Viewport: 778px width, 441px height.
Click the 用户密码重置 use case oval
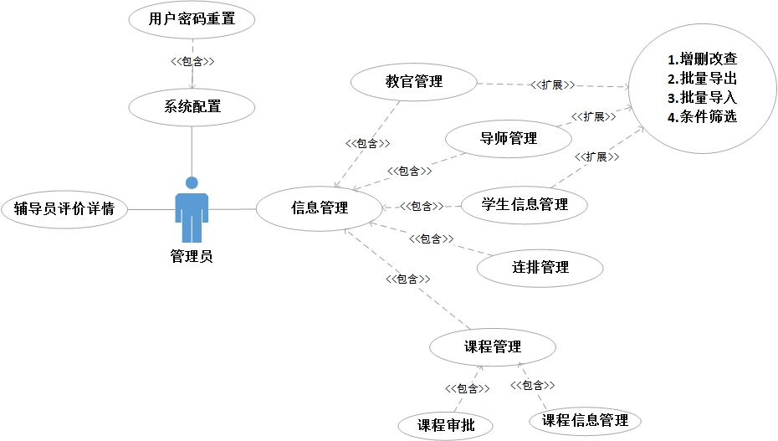pos(192,19)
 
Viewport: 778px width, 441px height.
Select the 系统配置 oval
pos(192,106)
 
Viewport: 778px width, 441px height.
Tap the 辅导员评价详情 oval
pos(64,208)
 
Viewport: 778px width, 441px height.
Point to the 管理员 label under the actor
pos(192,256)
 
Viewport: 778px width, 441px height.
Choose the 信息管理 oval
pos(319,208)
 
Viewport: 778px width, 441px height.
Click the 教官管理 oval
pos(413,82)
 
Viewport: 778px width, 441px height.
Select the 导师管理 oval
pos(509,138)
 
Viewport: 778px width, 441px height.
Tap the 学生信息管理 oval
pos(525,204)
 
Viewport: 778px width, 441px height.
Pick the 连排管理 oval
pos(540,268)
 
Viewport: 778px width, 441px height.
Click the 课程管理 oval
pos(492,346)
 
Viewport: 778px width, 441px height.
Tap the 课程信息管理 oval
pos(585,420)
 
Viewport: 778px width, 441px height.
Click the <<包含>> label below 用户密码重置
pos(192,62)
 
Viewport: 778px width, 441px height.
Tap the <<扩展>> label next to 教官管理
pos(551,85)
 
